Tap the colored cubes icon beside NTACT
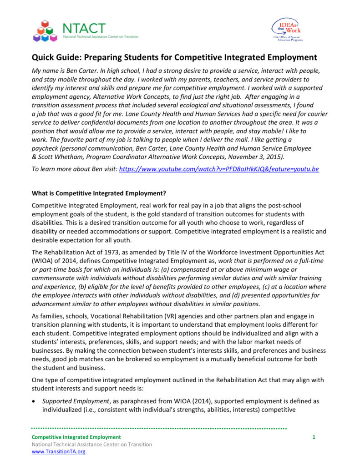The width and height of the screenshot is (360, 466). pos(45,31)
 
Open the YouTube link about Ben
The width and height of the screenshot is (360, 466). pos(218,169)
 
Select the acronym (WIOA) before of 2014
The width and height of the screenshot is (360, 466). pos(44,261)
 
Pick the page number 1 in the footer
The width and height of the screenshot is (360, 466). pos(314,437)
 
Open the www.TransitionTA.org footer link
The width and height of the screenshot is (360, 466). pos(58,452)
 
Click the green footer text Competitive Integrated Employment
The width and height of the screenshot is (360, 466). pos(76,437)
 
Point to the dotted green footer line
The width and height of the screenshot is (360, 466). pos(159,429)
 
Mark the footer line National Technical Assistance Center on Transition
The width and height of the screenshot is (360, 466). pos(91,445)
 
